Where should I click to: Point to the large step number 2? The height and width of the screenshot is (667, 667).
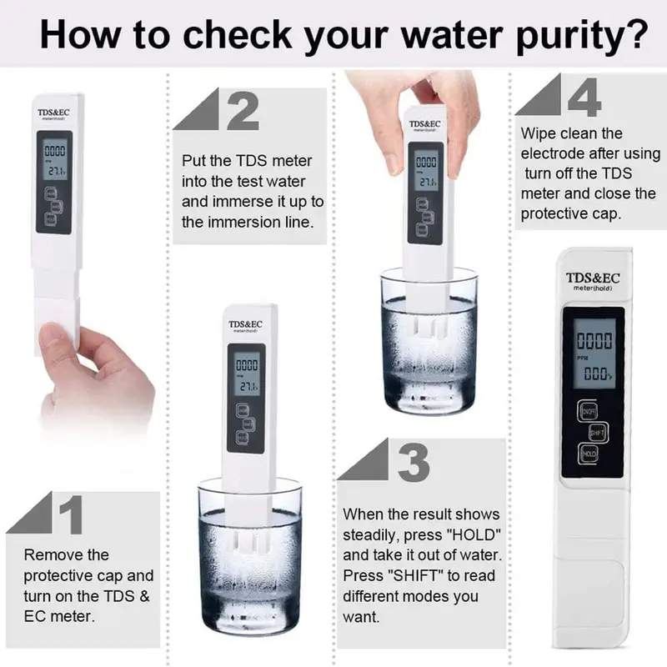pyautogui.click(x=242, y=113)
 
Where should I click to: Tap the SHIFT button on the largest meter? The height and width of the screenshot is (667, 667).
pyautogui.click(x=597, y=433)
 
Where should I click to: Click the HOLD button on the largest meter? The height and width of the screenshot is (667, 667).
pyautogui.click(x=589, y=454)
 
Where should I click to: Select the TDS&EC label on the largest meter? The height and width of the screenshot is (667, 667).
pyautogui.click(x=593, y=278)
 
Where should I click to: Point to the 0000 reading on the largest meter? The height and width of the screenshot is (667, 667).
pyautogui.click(x=594, y=340)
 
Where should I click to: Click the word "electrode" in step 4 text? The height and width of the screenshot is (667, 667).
pyautogui.click(x=551, y=153)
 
